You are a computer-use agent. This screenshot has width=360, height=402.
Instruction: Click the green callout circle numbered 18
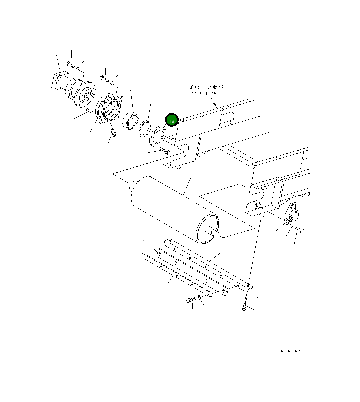(172, 121)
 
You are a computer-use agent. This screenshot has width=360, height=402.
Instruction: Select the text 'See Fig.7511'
(205, 93)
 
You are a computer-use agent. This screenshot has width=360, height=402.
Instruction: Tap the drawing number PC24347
(289, 351)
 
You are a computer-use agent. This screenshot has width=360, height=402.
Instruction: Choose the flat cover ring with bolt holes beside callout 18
(157, 135)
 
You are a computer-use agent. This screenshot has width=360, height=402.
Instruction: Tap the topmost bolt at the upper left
(70, 64)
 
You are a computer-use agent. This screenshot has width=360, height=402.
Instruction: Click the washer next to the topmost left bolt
(77, 69)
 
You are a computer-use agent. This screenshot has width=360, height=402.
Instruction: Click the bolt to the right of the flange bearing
(299, 230)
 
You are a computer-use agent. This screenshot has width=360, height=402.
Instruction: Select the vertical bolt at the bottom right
(244, 305)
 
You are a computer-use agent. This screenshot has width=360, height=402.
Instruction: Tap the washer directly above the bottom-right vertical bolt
(246, 297)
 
